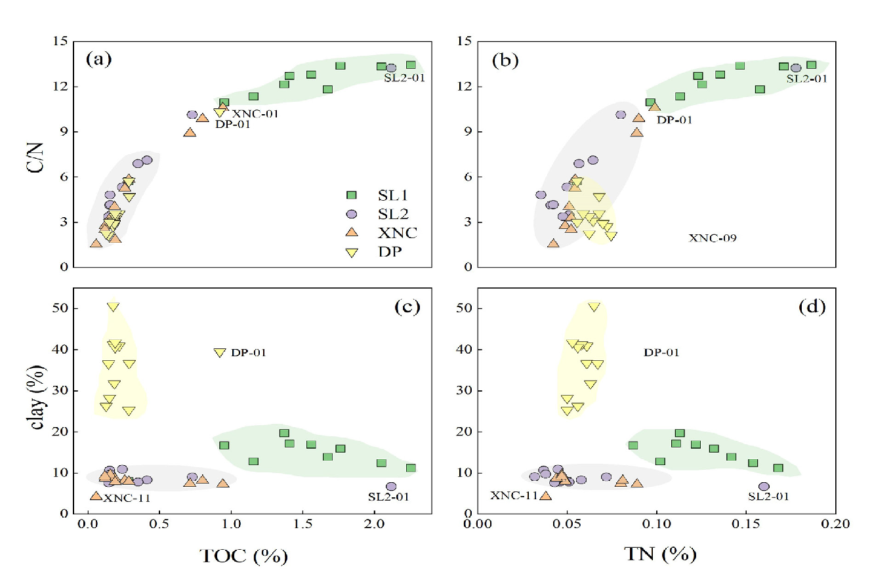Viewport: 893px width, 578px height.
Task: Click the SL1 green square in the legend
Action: click(x=351, y=195)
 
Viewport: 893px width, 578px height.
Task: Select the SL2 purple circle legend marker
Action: click(x=351, y=214)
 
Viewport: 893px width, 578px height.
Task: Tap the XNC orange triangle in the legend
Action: click(x=351, y=232)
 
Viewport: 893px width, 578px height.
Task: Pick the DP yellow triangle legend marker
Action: click(x=351, y=251)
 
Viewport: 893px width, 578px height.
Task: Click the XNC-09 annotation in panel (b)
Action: click(x=712, y=238)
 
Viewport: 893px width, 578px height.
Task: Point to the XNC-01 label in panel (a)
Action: click(x=255, y=114)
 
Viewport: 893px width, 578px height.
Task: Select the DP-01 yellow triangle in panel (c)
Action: click(x=220, y=352)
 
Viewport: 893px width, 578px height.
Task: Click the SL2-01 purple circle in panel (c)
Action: click(x=391, y=486)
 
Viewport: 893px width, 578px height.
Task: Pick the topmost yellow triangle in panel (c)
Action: click(x=114, y=306)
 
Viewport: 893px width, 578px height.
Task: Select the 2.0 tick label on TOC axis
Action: click(x=375, y=524)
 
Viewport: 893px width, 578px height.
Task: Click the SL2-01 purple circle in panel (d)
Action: click(x=764, y=486)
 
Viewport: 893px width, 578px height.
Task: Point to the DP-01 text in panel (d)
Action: click(x=661, y=352)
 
